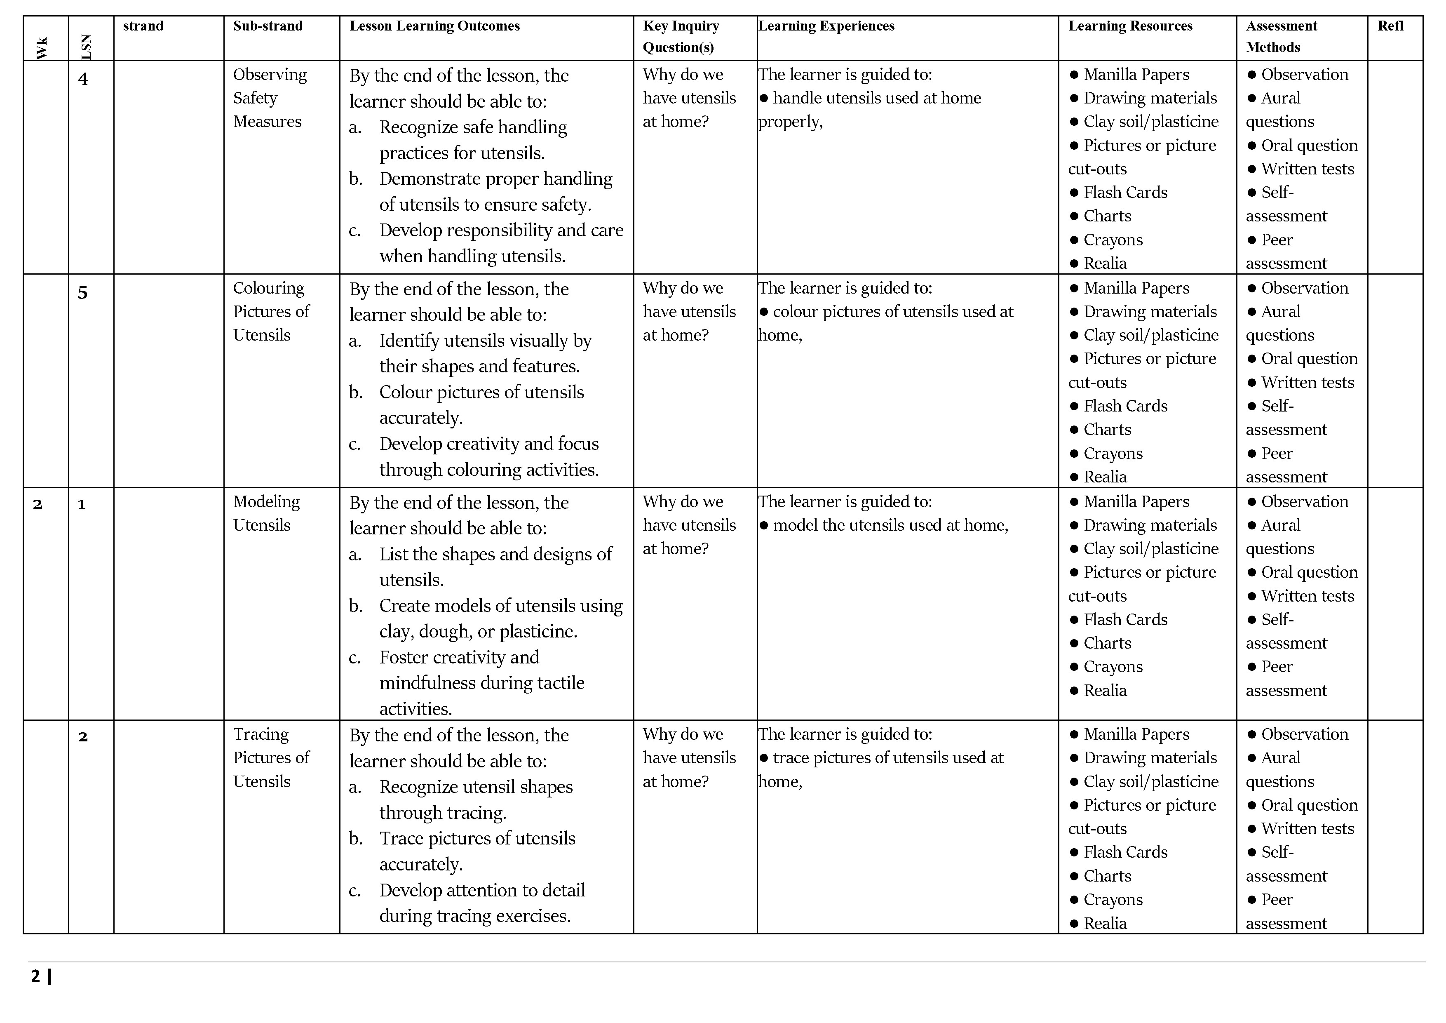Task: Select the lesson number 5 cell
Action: [82, 293]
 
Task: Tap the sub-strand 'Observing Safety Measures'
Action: [270, 98]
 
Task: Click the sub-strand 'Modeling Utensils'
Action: [266, 513]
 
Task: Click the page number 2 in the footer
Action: [35, 976]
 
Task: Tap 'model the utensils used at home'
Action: [889, 525]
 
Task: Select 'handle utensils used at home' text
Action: [876, 98]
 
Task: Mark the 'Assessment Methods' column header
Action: [1281, 36]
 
